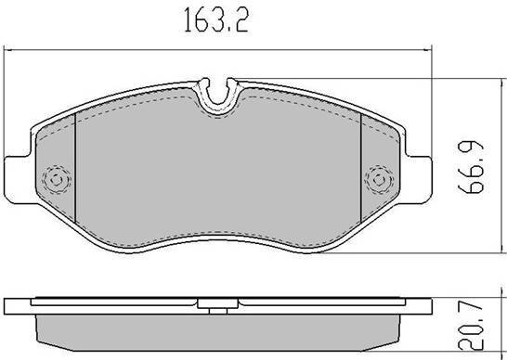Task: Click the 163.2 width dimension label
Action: pos(216,20)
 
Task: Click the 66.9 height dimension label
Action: pos(472,167)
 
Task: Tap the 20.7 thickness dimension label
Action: pos(472,328)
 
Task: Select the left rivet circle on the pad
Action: pos(57,180)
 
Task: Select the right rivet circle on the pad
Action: pos(379,180)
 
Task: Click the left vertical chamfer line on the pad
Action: pos(75,168)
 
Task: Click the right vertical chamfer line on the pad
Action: pos(360,168)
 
